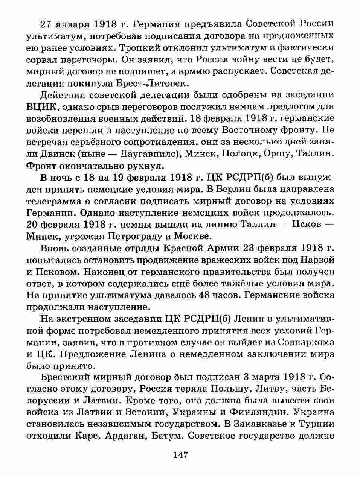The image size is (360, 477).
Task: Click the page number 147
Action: point(180,455)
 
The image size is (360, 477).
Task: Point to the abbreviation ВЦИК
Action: point(41,106)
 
